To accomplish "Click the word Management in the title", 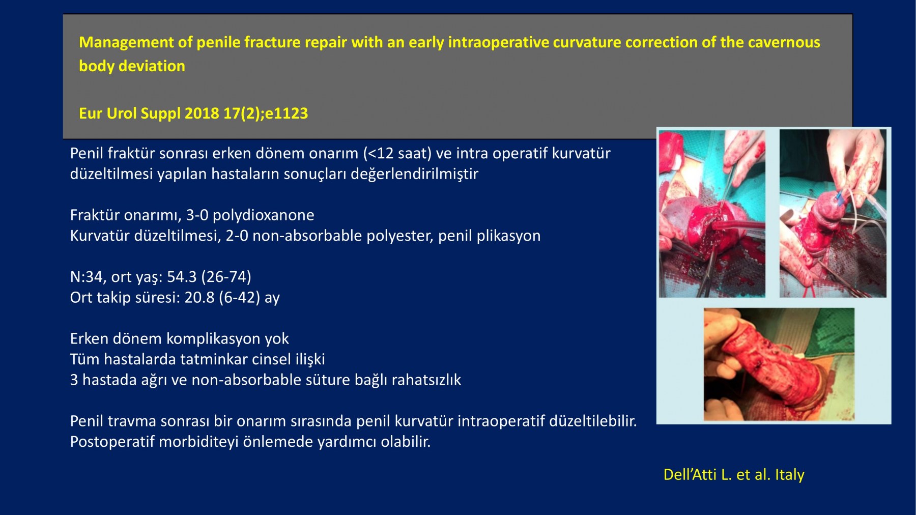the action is [126, 43].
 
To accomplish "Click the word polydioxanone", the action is [263, 215].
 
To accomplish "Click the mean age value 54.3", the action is [182, 277].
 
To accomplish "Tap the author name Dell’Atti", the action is [690, 475].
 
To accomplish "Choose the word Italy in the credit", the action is [790, 475].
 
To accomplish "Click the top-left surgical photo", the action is [712, 213].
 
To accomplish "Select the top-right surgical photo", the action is [833, 213].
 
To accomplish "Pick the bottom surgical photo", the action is [779, 364].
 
